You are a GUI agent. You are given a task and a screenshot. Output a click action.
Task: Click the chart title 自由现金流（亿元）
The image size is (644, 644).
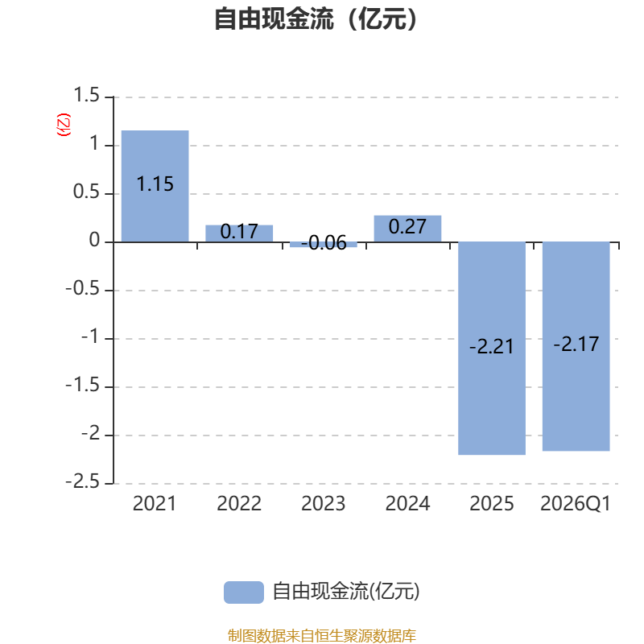click(x=316, y=19)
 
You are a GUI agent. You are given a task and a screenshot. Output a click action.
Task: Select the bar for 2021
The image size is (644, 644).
click(x=155, y=186)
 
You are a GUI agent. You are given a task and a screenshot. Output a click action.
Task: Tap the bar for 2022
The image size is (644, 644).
click(x=239, y=233)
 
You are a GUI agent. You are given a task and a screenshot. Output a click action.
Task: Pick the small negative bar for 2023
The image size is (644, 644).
click(x=324, y=245)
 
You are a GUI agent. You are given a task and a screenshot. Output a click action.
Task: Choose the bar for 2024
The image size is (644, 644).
click(x=407, y=229)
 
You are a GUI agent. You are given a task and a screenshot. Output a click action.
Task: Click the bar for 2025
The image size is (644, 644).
click(x=492, y=349)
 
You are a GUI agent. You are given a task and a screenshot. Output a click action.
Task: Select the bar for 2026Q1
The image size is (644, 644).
click(x=576, y=346)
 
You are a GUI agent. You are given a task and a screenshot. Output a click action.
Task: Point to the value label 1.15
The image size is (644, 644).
click(x=155, y=184)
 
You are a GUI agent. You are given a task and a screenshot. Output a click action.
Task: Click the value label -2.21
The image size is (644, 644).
click(x=492, y=347)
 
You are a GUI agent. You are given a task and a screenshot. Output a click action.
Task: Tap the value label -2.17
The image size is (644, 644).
click(x=576, y=344)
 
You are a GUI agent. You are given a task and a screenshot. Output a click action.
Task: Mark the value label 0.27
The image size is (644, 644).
click(x=407, y=227)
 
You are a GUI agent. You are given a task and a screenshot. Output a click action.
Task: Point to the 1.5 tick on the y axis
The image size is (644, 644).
click(x=86, y=95)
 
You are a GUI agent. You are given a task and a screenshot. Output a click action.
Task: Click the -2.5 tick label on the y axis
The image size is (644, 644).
click(x=83, y=481)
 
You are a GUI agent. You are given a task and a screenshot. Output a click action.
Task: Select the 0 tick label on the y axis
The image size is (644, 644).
click(x=94, y=240)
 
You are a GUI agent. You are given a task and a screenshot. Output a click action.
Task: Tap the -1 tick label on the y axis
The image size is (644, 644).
click(x=90, y=336)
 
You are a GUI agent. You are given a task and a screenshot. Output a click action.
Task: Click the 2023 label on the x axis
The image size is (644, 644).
click(x=324, y=504)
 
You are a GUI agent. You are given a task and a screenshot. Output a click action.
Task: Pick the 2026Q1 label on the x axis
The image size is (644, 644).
click(x=576, y=504)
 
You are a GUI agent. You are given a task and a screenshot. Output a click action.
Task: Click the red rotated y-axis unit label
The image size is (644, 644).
click(x=64, y=125)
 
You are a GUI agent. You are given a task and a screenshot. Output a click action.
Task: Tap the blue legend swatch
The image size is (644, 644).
click(x=244, y=592)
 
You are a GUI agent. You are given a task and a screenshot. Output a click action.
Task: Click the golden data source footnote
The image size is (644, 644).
click(x=321, y=635)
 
